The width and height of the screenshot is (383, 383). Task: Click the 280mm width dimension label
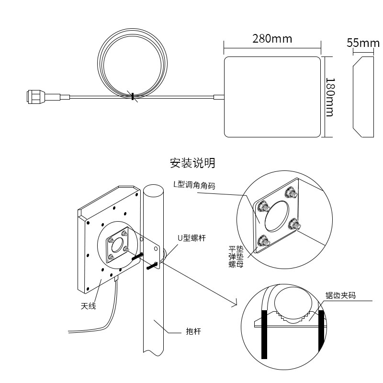272,39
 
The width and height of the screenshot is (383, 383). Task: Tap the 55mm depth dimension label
363,43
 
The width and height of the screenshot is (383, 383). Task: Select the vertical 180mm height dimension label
330,97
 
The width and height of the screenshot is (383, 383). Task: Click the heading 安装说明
192,163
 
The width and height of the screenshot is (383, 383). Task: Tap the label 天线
88,305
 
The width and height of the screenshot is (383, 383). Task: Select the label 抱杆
193,331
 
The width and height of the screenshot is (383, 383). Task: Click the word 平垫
236,249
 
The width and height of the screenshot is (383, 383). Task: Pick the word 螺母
236,264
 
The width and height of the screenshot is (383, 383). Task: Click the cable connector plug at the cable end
36,97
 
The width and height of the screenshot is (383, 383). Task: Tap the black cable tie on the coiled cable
132,96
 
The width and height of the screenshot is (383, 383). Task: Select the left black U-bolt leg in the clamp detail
264,334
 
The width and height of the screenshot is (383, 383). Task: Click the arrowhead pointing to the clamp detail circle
236,303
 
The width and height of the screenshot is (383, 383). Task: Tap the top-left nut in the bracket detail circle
263,206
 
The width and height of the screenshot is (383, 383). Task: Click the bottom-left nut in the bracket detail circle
263,241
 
